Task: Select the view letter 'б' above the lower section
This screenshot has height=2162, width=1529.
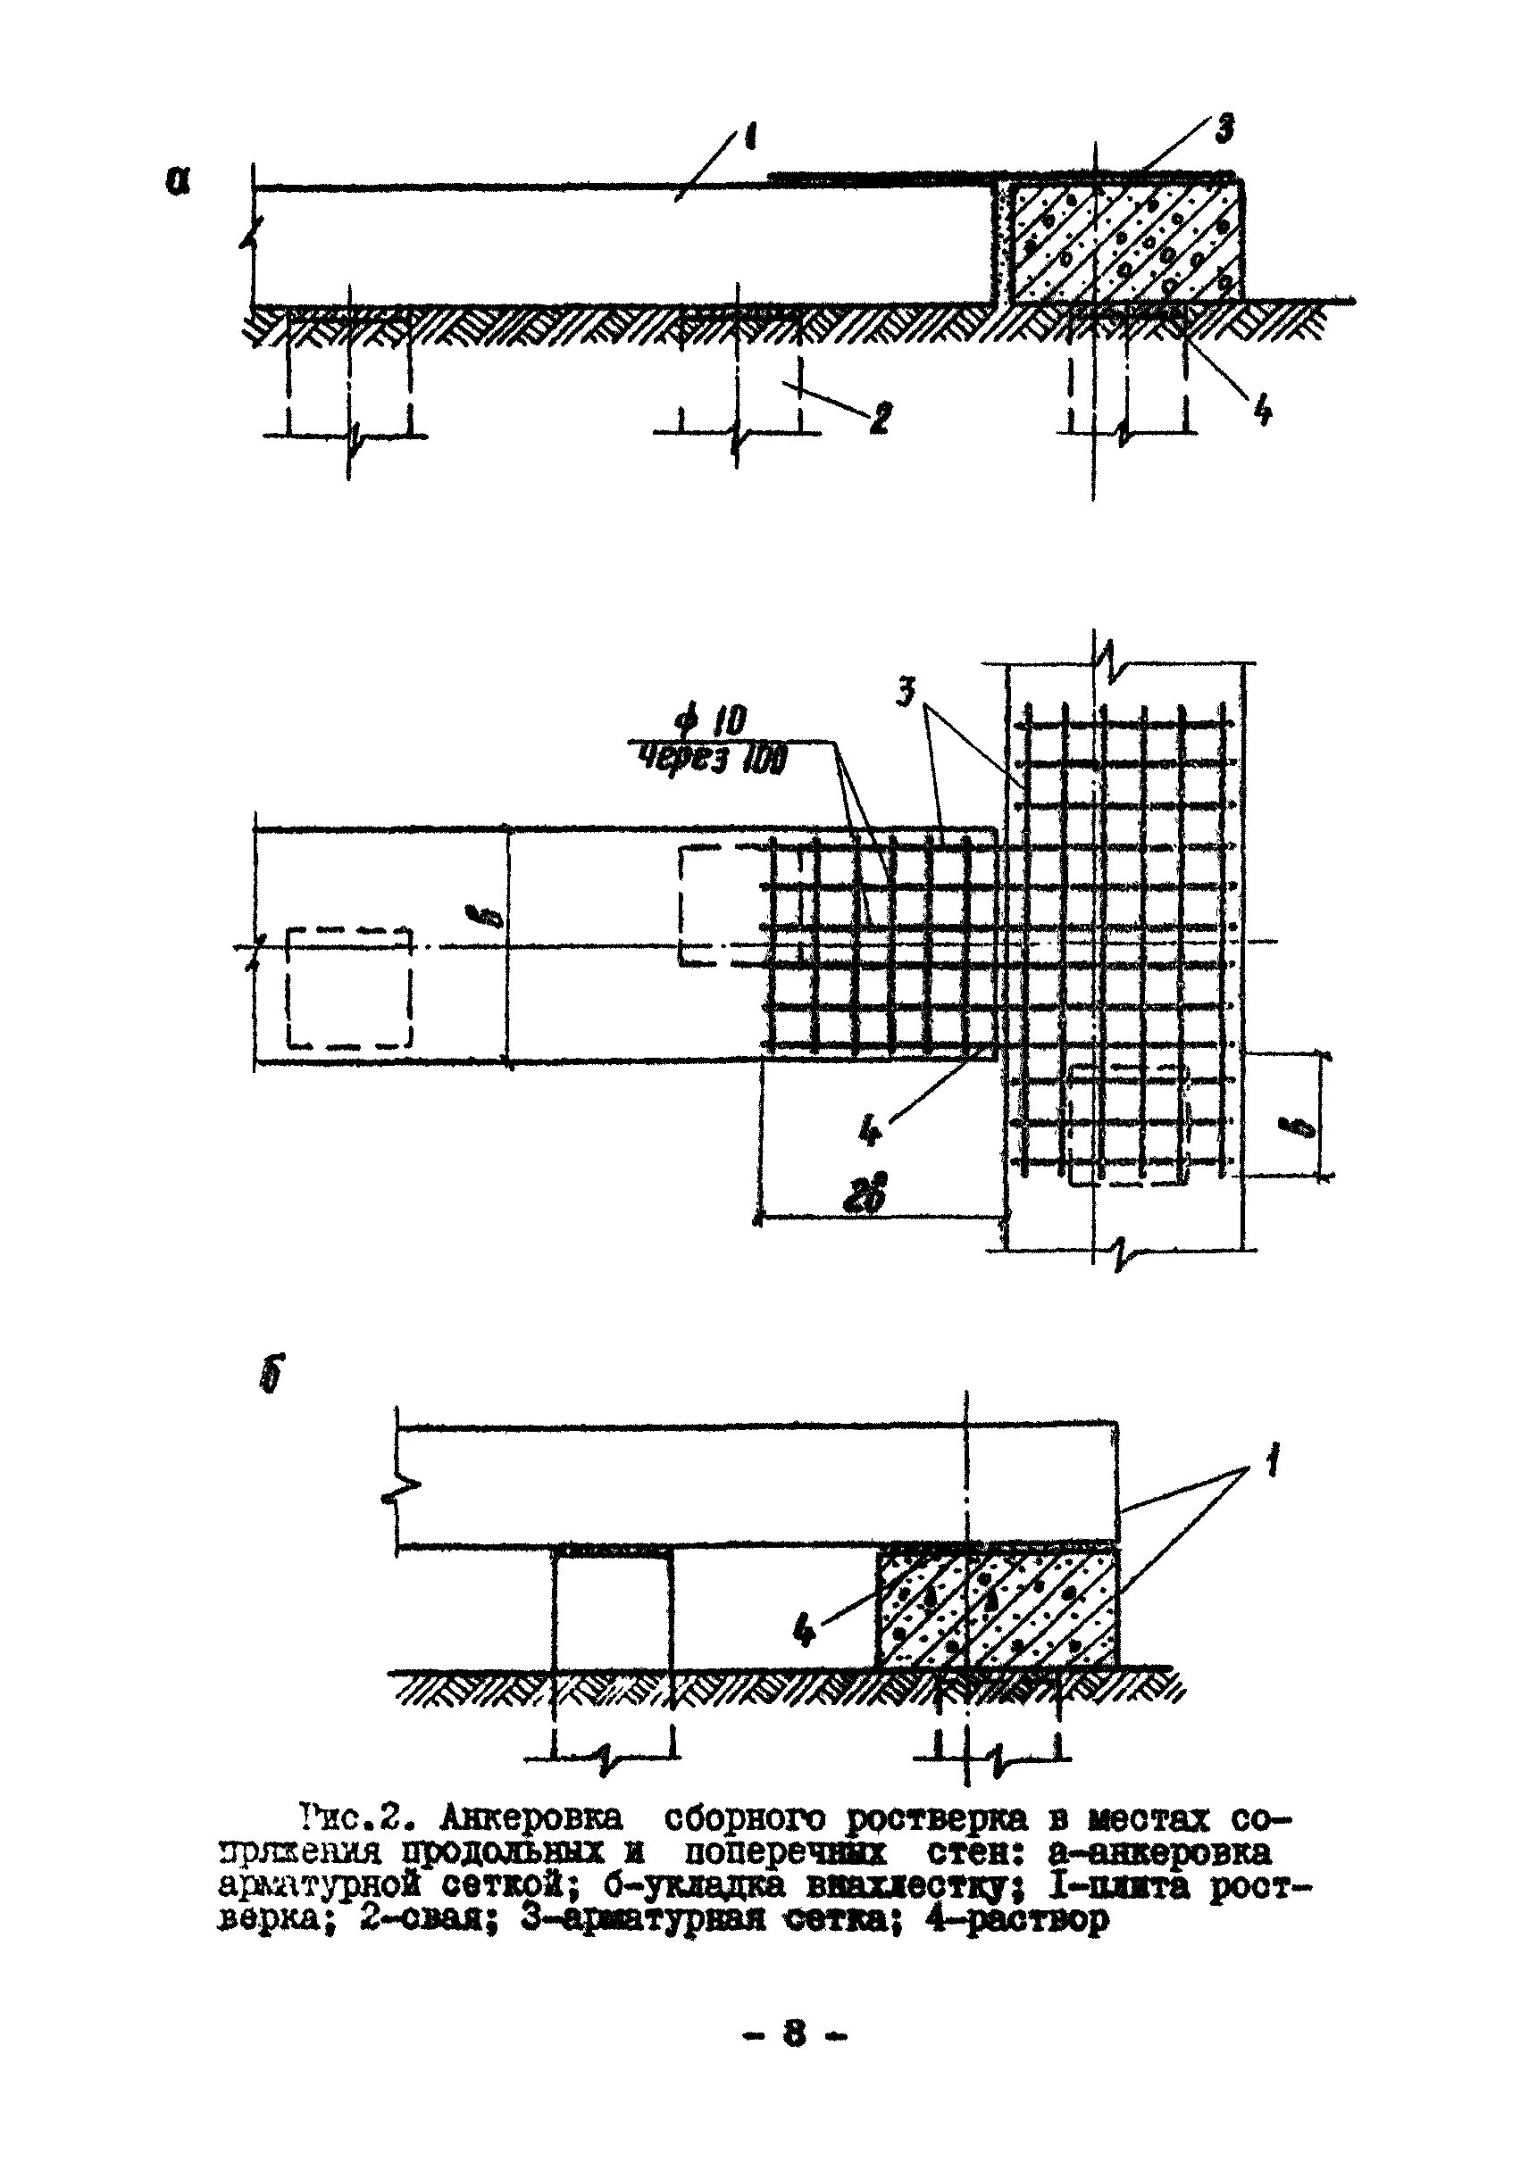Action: coord(271,1376)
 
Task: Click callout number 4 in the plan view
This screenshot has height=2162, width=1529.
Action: coord(871,1130)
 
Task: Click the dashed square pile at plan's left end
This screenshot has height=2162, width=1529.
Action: coord(348,988)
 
